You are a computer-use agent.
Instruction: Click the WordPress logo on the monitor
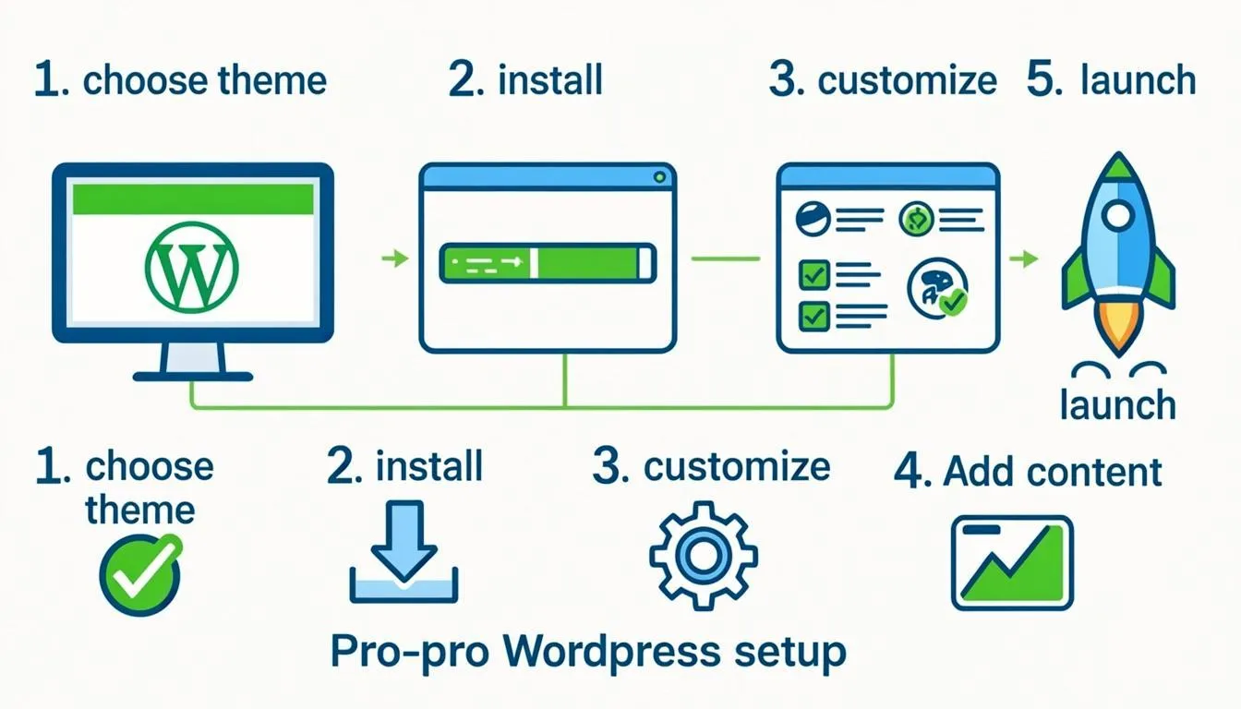pos(192,267)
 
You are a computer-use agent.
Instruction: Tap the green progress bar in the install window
pos(548,263)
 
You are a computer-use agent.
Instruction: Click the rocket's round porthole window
pos(1117,215)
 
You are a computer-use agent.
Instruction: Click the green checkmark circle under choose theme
pos(140,575)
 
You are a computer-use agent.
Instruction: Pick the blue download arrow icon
pos(404,552)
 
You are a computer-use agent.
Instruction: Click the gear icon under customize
pos(704,556)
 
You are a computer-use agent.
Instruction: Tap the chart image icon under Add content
pos(1012,563)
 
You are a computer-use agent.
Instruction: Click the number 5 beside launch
pos(1043,79)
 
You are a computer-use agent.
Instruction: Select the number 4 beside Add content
pos(911,472)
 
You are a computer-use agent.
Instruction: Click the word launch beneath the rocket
pos(1118,404)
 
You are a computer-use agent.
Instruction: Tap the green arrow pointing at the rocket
pos(1024,258)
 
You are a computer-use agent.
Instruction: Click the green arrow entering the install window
pos(395,258)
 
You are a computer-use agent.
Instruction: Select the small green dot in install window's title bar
pos(659,177)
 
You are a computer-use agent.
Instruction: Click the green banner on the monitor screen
pos(193,198)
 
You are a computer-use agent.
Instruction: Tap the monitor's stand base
pos(193,377)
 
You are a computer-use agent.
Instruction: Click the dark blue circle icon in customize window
pos(813,219)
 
